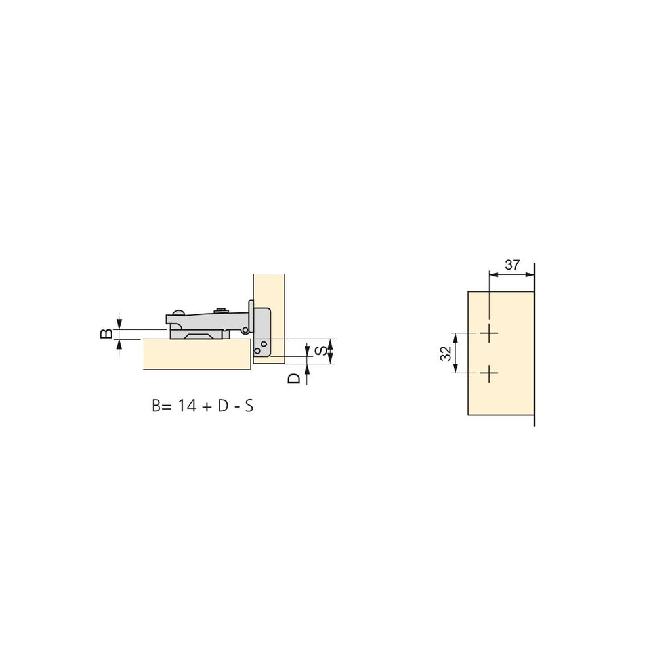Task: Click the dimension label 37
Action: (512, 265)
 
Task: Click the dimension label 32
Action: (446, 353)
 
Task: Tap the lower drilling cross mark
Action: (488, 374)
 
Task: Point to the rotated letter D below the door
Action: (294, 379)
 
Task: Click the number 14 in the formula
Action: (187, 406)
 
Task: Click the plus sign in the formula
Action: (207, 406)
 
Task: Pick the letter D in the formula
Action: (223, 406)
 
